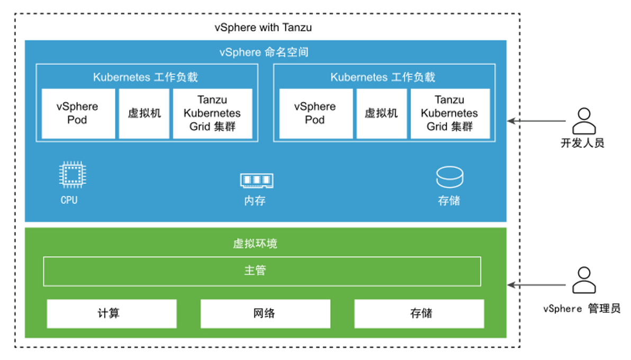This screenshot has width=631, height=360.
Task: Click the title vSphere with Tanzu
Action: pyautogui.click(x=263, y=28)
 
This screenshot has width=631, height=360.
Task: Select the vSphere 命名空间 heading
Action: pyautogui.click(x=264, y=52)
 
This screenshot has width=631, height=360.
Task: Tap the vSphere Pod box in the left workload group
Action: pyautogui.click(x=78, y=113)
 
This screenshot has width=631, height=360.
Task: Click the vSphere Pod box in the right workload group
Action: pyautogui.click(x=315, y=113)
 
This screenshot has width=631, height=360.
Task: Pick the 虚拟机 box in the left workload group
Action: pyautogui.click(x=144, y=113)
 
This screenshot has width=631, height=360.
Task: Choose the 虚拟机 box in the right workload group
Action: pyautogui.click(x=382, y=113)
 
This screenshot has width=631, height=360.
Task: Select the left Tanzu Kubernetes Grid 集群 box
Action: pyautogui.click(x=212, y=113)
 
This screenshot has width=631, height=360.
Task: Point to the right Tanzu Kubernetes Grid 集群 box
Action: pyautogui.click(x=450, y=113)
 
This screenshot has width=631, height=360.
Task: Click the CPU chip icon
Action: pyautogui.click(x=73, y=175)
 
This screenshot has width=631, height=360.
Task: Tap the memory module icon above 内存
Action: pyautogui.click(x=257, y=181)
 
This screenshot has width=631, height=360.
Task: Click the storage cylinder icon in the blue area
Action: pyautogui.click(x=449, y=177)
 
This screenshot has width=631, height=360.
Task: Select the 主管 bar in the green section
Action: pyautogui.click(x=262, y=272)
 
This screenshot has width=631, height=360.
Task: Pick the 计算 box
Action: pyautogui.click(x=112, y=314)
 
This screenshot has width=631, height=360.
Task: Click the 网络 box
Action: pyautogui.click(x=265, y=314)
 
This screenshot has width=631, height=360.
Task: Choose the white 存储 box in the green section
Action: pyautogui.click(x=419, y=314)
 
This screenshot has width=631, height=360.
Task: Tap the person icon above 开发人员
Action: pyautogui.click(x=584, y=121)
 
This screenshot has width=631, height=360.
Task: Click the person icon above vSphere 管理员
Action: pyautogui.click(x=584, y=280)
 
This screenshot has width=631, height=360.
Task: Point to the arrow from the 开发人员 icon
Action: pyautogui.click(x=536, y=121)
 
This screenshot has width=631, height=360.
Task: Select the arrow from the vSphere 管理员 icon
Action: pyautogui.click(x=536, y=285)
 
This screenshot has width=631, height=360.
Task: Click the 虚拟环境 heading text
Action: pyautogui.click(x=255, y=244)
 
